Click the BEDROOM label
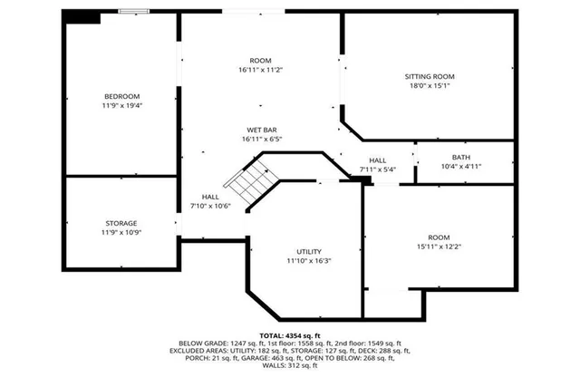[x=121, y=96]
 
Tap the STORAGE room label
[x=121, y=223]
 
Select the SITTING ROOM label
[x=430, y=76]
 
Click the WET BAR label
[x=263, y=129]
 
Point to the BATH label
[x=461, y=157]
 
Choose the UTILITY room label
[x=309, y=251]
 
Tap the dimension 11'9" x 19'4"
[x=121, y=106]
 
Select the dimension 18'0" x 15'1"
[x=430, y=86]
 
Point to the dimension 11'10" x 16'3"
[x=309, y=261]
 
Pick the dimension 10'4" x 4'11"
[x=461, y=167]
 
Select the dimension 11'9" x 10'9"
[x=121, y=233]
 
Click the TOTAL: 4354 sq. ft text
[x=290, y=336]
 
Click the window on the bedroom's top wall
[x=134, y=12]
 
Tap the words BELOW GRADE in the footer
[x=201, y=344]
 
